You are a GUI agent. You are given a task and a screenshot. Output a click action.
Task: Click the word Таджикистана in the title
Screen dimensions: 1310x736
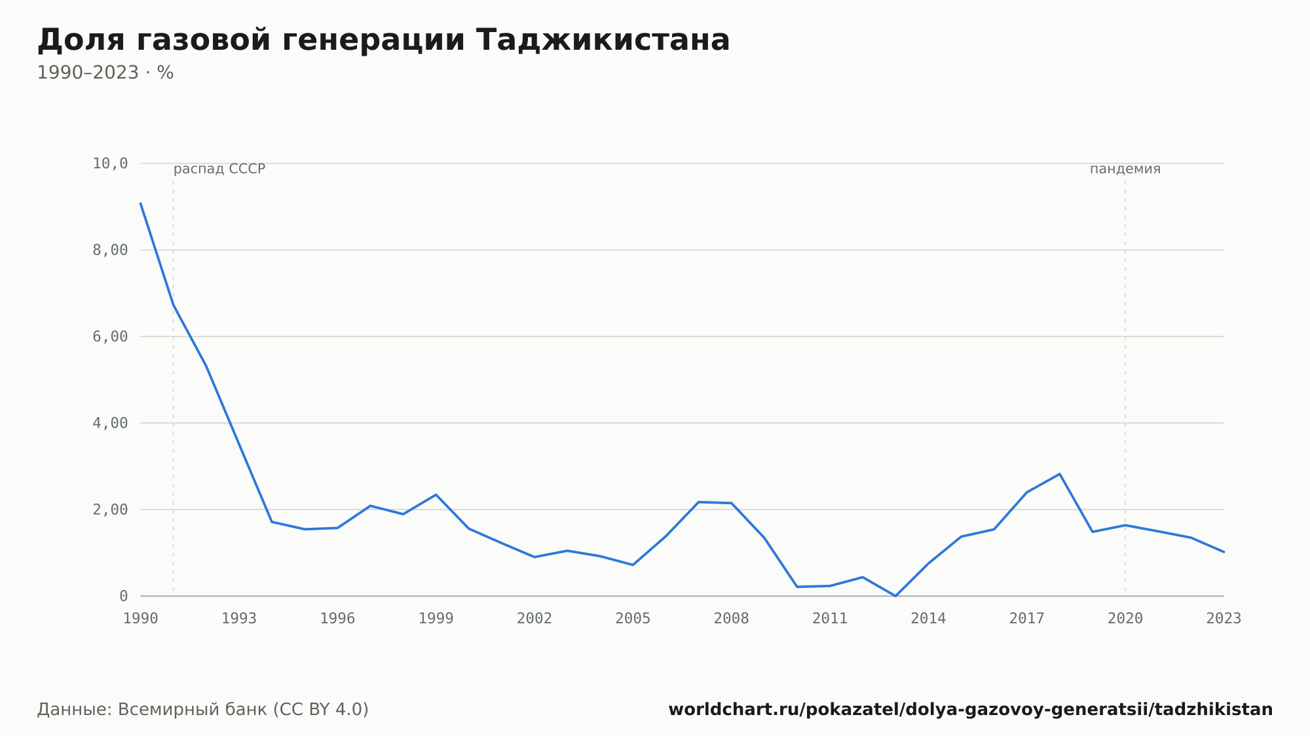point(603,41)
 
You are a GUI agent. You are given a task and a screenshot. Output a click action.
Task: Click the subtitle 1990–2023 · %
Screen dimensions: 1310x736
point(105,73)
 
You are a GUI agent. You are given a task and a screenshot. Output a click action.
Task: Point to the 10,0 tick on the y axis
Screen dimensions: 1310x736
point(110,164)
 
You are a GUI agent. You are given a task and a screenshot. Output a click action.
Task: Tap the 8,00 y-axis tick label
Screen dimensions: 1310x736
point(110,250)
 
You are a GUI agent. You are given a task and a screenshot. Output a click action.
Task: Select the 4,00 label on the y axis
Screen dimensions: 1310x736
point(110,423)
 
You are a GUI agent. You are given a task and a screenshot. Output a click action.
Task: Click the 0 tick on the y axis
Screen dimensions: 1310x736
point(123,596)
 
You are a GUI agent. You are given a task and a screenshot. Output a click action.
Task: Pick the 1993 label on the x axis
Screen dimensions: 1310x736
point(239,619)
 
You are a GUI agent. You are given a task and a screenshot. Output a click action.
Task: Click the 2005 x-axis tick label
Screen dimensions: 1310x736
point(633,619)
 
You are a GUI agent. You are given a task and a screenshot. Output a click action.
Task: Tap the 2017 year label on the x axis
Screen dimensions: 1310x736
point(1026,619)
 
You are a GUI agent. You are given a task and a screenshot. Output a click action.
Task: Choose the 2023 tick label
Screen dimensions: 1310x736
point(1224,619)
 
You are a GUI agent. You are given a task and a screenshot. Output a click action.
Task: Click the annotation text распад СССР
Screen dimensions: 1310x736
point(219,169)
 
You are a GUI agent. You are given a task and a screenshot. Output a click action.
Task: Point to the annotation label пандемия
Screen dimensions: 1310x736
point(1125,169)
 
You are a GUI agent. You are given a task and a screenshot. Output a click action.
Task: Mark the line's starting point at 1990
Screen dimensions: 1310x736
point(141,204)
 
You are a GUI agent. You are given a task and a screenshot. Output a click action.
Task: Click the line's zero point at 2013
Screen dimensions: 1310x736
point(895,596)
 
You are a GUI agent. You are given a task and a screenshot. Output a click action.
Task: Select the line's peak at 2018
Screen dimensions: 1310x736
point(1059,474)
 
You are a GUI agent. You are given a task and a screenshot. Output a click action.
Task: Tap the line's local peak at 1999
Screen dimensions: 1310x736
point(436,494)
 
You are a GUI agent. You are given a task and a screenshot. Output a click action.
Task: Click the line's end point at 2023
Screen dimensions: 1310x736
point(1224,552)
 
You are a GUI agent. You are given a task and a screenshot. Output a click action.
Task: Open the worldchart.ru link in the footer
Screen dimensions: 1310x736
point(971,710)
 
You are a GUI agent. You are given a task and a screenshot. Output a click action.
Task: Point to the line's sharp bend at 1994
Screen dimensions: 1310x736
point(272,522)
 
